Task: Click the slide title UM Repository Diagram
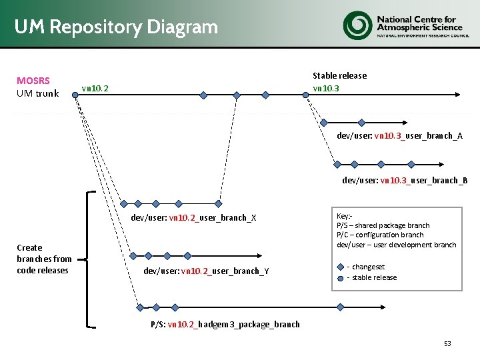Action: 116,27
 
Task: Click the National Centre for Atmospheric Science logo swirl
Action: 357,25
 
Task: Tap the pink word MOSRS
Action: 33,81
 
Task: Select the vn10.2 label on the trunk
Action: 95,88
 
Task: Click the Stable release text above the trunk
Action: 339,75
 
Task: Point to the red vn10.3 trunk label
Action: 326,88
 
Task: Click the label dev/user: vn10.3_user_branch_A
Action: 399,135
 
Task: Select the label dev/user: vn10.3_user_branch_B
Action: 405,180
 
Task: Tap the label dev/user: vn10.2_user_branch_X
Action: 193,217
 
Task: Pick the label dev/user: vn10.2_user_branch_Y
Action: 206,271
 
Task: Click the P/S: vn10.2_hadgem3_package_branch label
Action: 225,324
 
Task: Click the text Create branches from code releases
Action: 44,259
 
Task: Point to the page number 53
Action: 447,343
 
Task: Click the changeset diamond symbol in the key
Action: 341,267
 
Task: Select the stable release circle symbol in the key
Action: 341,277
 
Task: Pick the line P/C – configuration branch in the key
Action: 380,235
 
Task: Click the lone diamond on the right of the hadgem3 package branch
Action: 340,307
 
